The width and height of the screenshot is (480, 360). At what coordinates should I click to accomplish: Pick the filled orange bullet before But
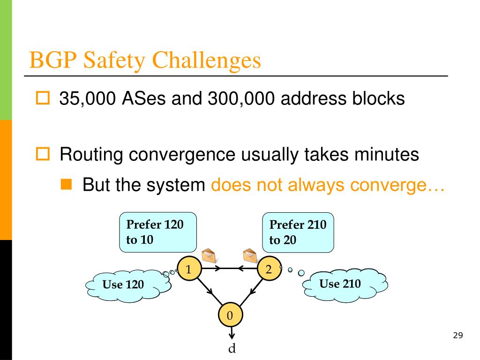66,186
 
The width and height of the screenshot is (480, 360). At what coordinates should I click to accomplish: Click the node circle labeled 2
269,269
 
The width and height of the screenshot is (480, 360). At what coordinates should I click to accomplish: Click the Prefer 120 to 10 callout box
158,232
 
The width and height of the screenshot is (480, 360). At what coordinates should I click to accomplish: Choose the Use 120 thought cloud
124,284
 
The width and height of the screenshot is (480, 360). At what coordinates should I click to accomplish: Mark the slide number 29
458,335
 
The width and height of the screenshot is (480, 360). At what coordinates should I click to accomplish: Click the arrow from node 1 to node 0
208,291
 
